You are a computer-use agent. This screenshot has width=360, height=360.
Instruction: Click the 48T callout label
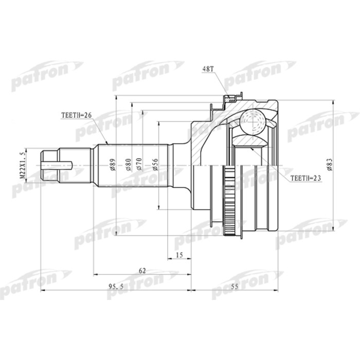[209, 68]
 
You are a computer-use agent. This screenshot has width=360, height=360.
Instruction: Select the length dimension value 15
[179, 255]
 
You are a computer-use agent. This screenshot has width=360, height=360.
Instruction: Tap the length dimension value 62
[142, 271]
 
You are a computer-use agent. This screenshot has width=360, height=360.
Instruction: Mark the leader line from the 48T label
[221, 82]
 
